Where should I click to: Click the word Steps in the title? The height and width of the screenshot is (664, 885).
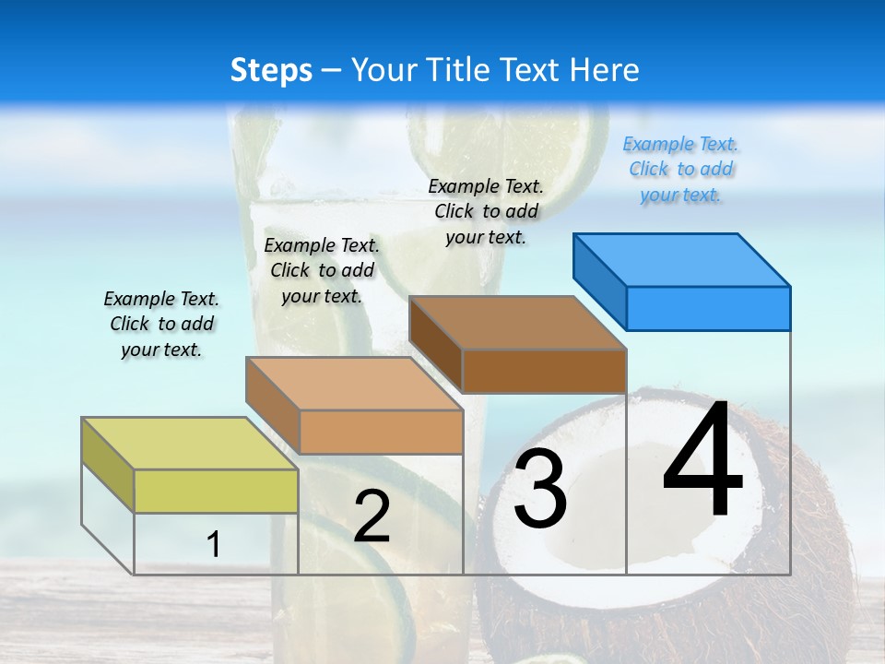click(x=271, y=70)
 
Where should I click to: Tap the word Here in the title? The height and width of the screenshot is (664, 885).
click(x=604, y=70)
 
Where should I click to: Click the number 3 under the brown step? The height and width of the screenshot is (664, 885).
click(x=540, y=489)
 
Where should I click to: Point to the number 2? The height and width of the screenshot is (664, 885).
click(x=372, y=516)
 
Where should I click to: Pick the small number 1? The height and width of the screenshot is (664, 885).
click(x=214, y=544)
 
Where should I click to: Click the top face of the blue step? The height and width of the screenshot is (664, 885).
click(x=682, y=259)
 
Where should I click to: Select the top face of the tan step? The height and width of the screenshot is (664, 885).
click(x=354, y=383)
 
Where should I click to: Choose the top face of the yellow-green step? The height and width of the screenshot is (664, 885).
click(x=190, y=443)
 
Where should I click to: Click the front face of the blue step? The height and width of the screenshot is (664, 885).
click(x=708, y=308)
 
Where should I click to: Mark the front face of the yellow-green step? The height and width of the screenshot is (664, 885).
click(x=216, y=491)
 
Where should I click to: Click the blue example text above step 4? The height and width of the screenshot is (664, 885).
click(x=681, y=170)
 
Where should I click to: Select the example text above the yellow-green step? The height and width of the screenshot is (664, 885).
click(x=161, y=324)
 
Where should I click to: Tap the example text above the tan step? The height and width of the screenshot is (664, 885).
click(x=322, y=270)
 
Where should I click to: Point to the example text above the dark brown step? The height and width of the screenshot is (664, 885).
click(x=486, y=211)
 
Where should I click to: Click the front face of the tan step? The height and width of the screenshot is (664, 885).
click(x=381, y=432)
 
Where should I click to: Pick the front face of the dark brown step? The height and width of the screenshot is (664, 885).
click(x=544, y=371)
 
